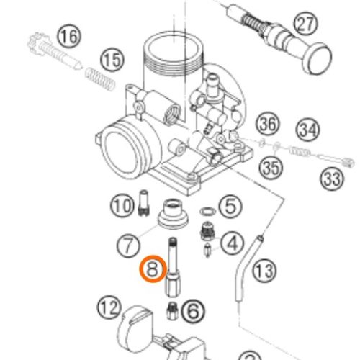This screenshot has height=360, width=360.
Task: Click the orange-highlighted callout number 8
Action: tap(153, 269)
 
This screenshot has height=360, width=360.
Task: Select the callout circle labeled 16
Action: tap(69, 37)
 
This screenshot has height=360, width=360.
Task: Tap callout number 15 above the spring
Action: tap(112, 60)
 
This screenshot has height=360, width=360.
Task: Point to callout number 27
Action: tap(305, 24)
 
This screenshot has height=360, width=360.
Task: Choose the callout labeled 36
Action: tap(268, 124)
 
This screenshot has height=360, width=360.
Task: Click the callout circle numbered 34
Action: tap(308, 130)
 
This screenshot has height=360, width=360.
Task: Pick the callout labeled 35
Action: tap(271, 167)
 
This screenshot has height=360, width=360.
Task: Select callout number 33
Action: tap(332, 179)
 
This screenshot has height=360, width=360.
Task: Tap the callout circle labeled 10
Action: tap(122, 206)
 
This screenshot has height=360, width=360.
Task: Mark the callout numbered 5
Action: tap(230, 207)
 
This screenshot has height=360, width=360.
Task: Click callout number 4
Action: tap(232, 243)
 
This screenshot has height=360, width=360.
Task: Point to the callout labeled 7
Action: tap(128, 246)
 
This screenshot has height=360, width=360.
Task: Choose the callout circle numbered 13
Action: tap(264, 271)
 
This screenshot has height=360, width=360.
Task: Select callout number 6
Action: tap(193, 311)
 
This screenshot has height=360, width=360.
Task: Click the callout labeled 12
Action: tap(109, 307)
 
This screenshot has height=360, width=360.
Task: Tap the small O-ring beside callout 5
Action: tap(208, 212)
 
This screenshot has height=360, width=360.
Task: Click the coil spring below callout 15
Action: tap(99, 79)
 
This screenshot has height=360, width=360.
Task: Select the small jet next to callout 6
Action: tap(172, 311)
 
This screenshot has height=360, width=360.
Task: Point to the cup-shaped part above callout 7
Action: tap(173, 213)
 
